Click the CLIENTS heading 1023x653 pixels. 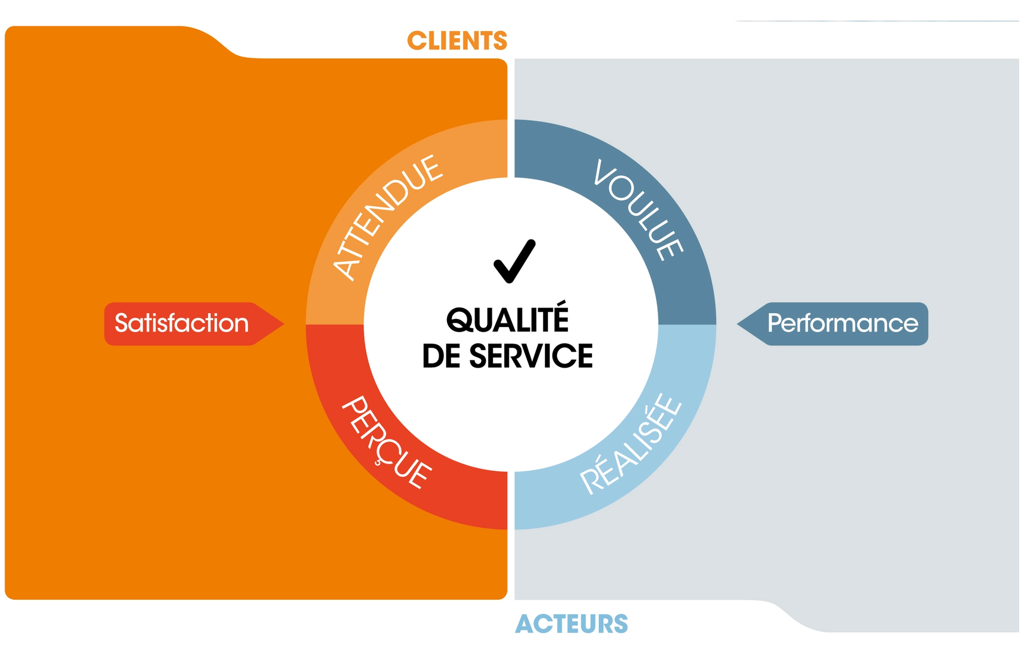pyautogui.click(x=457, y=41)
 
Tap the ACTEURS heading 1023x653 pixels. pyautogui.click(x=572, y=624)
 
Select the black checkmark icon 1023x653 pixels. pyautogui.click(x=514, y=261)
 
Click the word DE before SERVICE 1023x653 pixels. pyautogui.click(x=441, y=356)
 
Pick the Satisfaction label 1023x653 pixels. pyautogui.click(x=182, y=323)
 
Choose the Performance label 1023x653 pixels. pyautogui.click(x=843, y=323)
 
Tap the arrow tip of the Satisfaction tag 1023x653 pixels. pyautogui.click(x=283, y=323)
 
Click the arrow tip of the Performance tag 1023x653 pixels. pyautogui.click(x=737, y=323)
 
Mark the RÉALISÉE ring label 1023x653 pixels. pyautogui.click(x=631, y=444)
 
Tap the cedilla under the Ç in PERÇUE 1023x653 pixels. pyautogui.click(x=378, y=463)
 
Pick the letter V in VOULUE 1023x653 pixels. pyautogui.click(x=604, y=173)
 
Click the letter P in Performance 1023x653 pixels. pyautogui.click(x=774, y=323)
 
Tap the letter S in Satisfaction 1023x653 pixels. pyautogui.click(x=122, y=323)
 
